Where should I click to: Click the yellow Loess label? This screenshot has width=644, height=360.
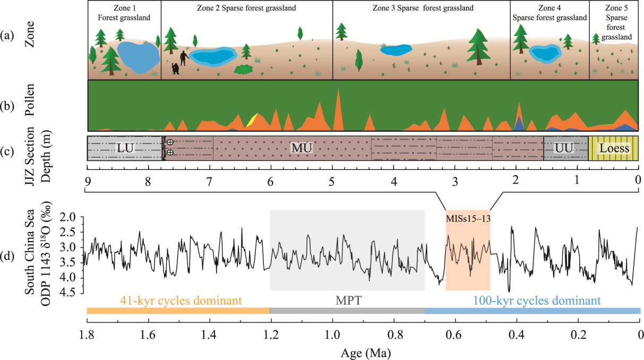click(614, 148)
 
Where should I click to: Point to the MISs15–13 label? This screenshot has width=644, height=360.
click(467, 217)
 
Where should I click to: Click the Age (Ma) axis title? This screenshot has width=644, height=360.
click(363, 351)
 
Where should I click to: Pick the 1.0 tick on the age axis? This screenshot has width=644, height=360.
click(332, 336)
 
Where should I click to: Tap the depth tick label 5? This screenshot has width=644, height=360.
click(332, 180)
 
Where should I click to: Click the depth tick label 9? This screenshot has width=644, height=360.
click(87, 180)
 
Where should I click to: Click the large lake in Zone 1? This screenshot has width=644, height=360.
click(138, 57)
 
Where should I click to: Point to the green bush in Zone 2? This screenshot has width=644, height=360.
click(244, 69)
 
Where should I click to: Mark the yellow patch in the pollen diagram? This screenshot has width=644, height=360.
click(252, 119)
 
